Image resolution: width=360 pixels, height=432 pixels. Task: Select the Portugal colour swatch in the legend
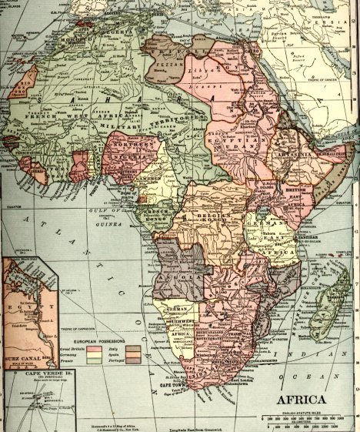[x=132, y=359]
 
